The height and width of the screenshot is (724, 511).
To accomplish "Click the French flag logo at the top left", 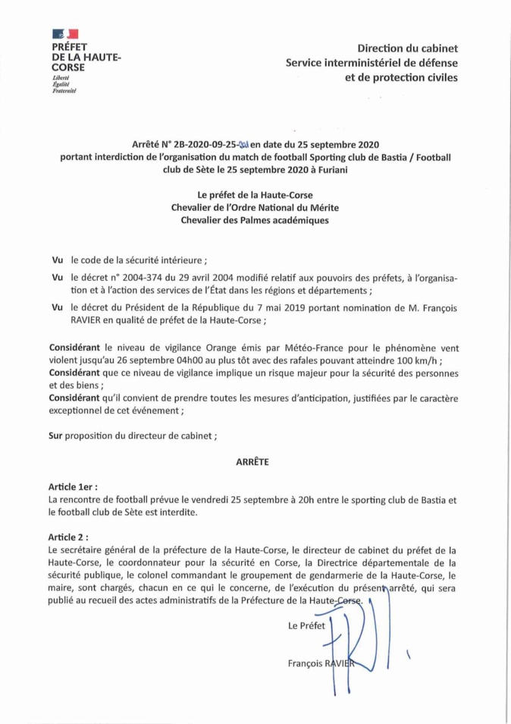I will click(x=64, y=35).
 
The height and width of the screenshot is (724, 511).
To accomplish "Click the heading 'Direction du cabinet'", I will click(x=408, y=49).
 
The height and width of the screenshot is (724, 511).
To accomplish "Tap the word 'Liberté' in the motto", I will click(x=61, y=78).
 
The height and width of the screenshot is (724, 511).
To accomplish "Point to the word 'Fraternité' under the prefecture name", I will click(x=64, y=90).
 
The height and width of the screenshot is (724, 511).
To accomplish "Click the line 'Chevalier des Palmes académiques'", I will click(x=255, y=220).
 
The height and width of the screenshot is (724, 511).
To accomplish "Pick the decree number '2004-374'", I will click(x=155, y=279).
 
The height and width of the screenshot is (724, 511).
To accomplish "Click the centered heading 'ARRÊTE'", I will click(x=255, y=461).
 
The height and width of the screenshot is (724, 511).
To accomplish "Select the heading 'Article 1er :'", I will click(x=73, y=486).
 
